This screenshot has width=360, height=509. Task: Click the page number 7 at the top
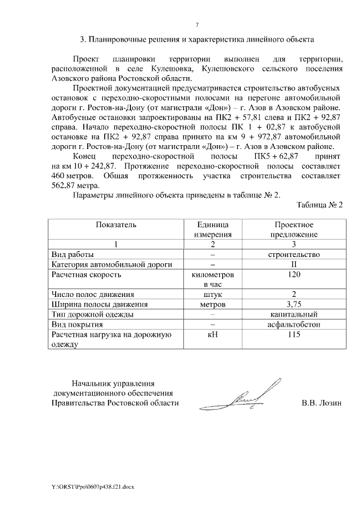197,24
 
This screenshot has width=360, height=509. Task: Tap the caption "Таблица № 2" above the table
319,204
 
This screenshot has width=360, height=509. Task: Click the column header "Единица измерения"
213,229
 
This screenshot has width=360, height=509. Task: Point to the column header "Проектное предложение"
294,229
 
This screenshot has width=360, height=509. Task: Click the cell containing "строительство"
294,254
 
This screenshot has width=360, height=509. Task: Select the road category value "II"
294,264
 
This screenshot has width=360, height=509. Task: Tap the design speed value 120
294,274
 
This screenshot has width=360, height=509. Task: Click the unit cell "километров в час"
213,280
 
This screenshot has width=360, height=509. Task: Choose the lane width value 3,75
294,304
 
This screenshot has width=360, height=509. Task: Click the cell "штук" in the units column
213,294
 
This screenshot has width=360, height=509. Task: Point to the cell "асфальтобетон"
294,325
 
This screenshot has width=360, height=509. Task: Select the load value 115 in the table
294,335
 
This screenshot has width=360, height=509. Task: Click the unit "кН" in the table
213,335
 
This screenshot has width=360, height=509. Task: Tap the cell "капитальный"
294,314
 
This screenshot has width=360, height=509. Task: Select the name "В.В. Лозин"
321,403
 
